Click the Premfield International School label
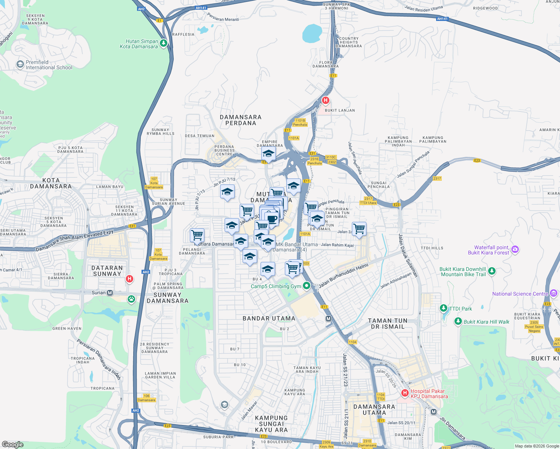[x=49, y=65]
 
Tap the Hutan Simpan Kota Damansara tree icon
[x=163, y=43]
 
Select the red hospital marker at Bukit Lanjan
[x=326, y=100]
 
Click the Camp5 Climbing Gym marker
[x=307, y=286]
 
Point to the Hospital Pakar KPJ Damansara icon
[x=405, y=393]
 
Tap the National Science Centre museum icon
[x=554, y=294]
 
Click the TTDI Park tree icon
[x=444, y=308]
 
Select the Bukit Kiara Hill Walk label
[x=486, y=322]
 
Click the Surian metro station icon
[x=110, y=293]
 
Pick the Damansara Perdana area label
[x=241, y=120]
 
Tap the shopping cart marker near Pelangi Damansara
[x=197, y=235]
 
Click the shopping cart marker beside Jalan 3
[x=359, y=228]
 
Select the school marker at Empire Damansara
[x=268, y=153]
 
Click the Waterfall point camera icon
[x=515, y=249]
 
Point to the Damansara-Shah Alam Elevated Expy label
[x=74, y=241]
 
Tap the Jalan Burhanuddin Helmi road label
[x=343, y=276]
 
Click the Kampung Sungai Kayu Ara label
[x=271, y=424]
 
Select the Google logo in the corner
[x=13, y=444]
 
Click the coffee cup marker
[x=272, y=219]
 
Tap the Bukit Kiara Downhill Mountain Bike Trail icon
[x=492, y=271]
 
